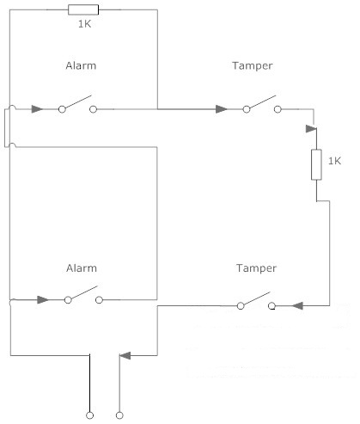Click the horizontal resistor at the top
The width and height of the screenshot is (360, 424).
83,9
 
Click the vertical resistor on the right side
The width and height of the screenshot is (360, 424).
316,164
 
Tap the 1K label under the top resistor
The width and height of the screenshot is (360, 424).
85,24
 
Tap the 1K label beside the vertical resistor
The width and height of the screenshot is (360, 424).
334,161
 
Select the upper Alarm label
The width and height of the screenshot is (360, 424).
81,65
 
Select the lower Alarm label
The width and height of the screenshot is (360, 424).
82,268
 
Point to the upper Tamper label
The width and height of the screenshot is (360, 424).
253,66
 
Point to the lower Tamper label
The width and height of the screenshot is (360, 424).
256,268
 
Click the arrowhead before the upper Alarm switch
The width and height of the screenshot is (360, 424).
37,109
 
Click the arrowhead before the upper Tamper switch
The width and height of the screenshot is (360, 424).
222,109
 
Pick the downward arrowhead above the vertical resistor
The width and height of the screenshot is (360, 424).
311,129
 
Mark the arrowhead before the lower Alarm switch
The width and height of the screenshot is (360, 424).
43,300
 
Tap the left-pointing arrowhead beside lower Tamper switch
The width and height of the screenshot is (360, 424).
297,306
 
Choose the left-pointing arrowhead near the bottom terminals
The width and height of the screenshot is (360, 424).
125,355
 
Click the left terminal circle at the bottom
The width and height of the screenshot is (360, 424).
89,415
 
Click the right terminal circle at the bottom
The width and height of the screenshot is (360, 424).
119,415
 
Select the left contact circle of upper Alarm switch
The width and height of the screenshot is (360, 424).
62,109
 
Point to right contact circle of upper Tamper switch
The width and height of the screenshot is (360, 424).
278,109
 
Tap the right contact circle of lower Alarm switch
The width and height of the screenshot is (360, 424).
99,300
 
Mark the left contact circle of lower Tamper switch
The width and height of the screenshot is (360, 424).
241,306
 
